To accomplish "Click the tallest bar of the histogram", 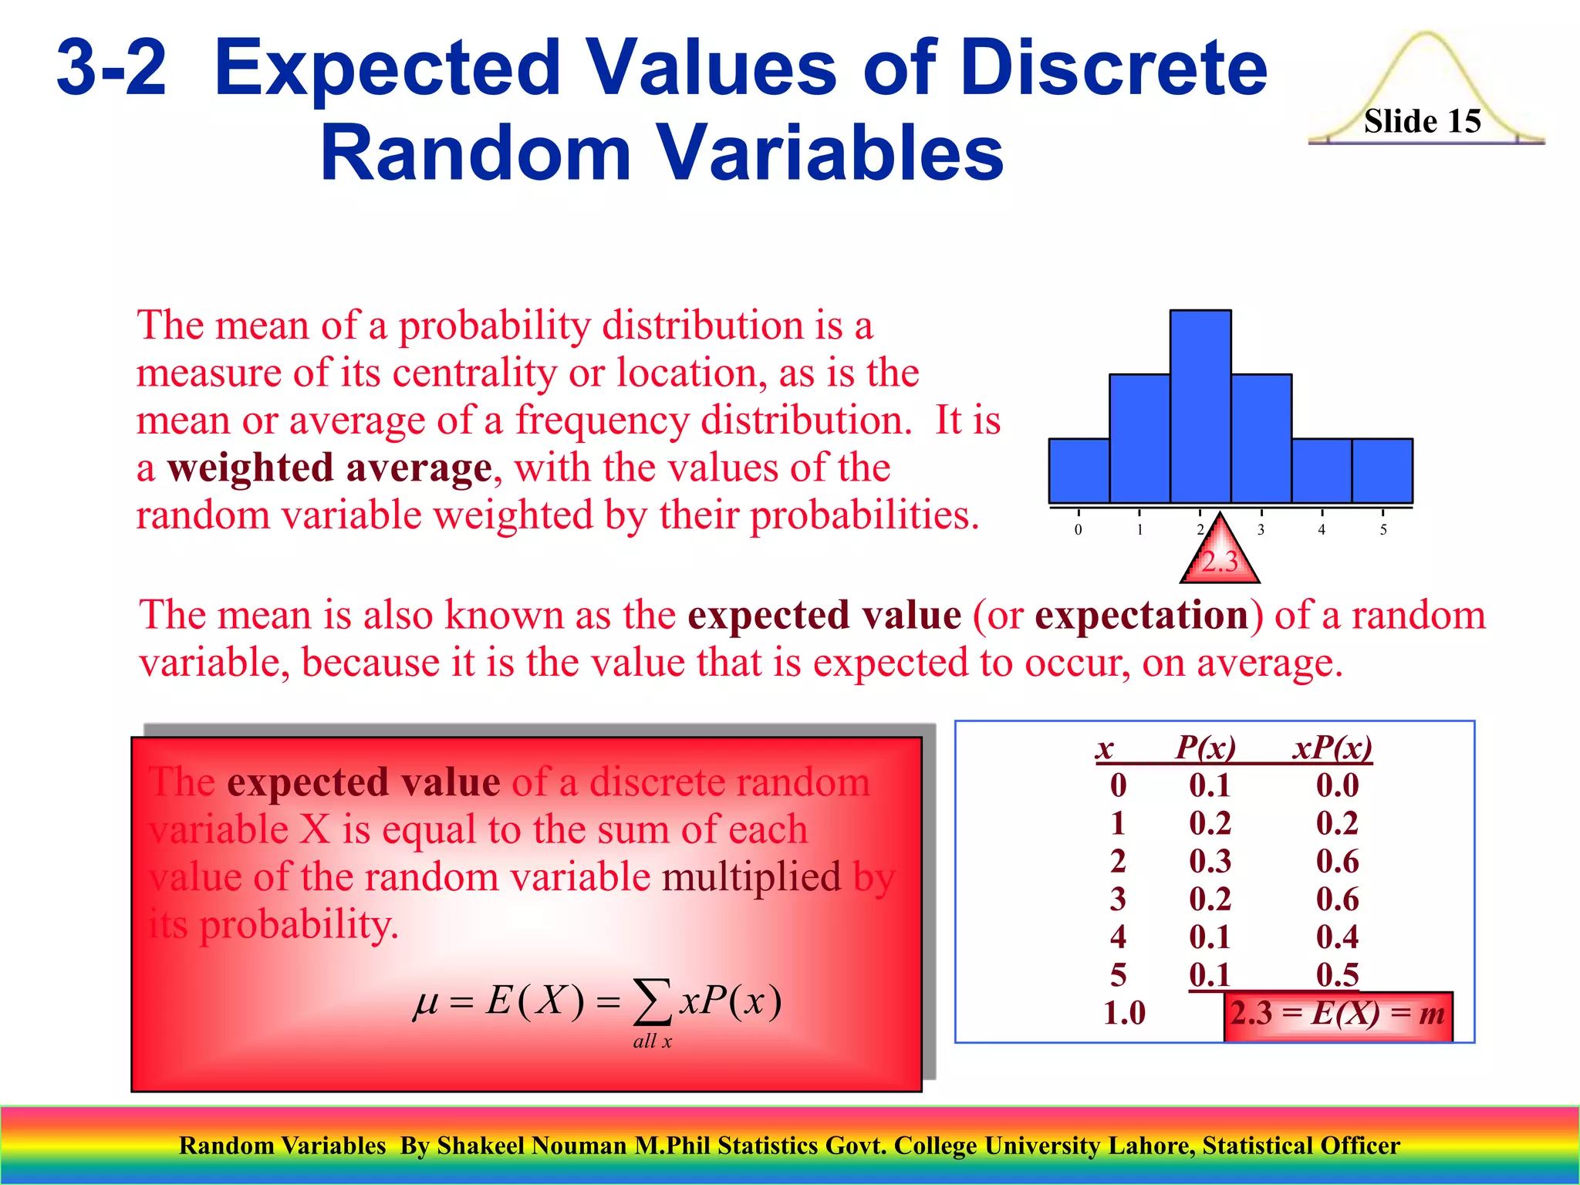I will point(1200,407).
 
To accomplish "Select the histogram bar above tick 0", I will point(1079,471).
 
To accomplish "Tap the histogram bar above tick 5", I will point(1382,471).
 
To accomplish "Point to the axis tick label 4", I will point(1322,530).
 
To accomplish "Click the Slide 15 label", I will point(1422,121).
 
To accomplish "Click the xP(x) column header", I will point(1332,748).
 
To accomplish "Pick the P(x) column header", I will point(1205,748).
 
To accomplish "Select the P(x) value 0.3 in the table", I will point(1210,861).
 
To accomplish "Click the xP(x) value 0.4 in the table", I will point(1337,937).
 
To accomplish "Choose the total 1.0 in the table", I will point(1124,1013).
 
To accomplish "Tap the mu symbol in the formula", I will point(426,1003).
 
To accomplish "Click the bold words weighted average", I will point(329,468).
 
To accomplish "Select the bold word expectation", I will point(1142,616).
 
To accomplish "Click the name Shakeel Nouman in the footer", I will point(532,1146).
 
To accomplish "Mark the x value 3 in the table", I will point(1118,899).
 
